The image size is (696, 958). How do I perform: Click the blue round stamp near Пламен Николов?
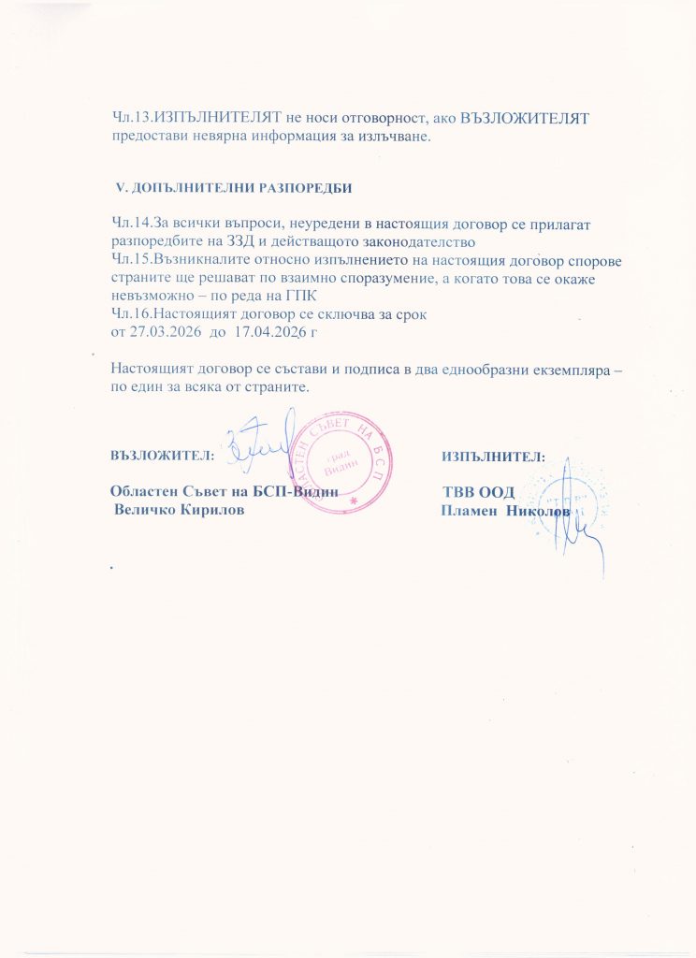pos(561,493)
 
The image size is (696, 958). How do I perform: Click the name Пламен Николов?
pos(505,511)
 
